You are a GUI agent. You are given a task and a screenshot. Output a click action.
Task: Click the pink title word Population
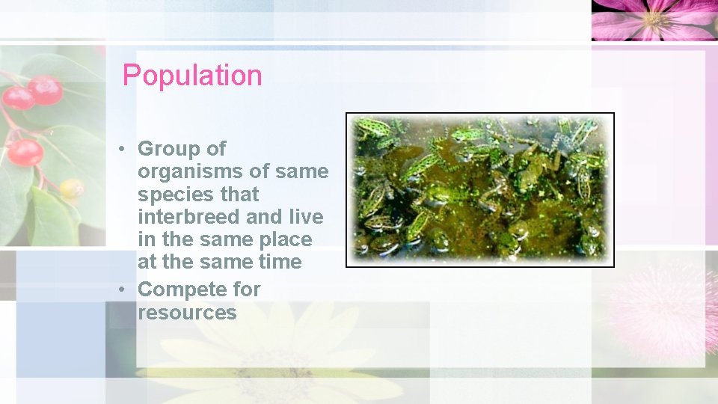click(192, 76)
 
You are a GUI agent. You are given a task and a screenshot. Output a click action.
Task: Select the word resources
click(187, 312)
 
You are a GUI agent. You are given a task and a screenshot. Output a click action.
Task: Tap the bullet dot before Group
click(120, 150)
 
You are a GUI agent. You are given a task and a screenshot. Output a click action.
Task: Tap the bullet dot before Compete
click(120, 290)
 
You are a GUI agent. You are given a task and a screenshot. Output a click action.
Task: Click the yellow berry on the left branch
click(71, 188)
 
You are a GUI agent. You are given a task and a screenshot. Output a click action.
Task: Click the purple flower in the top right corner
click(654, 19)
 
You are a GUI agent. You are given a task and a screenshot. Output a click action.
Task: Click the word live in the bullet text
click(307, 217)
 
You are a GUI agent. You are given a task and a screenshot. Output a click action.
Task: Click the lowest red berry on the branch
click(25, 152)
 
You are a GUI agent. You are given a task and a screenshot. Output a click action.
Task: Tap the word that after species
click(239, 195)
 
